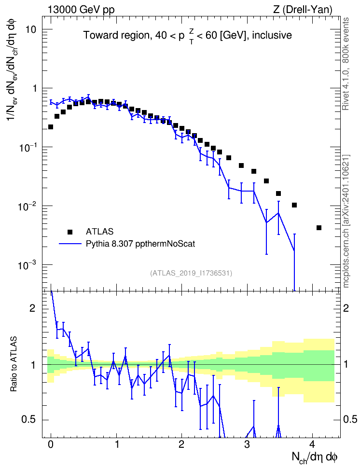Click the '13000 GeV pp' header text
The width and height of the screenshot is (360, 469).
[x=81, y=10]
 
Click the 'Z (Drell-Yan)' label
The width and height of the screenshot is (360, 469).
[x=303, y=10]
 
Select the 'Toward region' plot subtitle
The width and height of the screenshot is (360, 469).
[x=188, y=36]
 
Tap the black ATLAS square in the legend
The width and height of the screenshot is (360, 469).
[x=70, y=232]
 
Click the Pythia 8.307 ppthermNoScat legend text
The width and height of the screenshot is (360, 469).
[x=140, y=244]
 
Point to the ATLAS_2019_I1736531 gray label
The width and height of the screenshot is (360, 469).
[x=191, y=273]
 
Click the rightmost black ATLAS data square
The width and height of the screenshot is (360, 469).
[x=318, y=228]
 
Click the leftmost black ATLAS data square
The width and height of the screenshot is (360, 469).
[x=51, y=127]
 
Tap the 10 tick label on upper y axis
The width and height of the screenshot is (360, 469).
[x=30, y=29]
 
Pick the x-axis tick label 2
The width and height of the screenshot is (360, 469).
[x=181, y=444]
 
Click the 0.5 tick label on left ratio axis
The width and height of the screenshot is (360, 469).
[x=29, y=420]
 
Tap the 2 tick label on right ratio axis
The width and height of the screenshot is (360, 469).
[x=346, y=308]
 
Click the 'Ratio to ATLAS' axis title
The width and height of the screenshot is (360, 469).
[x=14, y=364]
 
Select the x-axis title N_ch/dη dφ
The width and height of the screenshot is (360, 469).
[x=315, y=457]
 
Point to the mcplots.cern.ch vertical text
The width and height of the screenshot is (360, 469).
[x=346, y=221]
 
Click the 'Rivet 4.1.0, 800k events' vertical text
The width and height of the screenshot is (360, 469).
[x=346, y=64]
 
